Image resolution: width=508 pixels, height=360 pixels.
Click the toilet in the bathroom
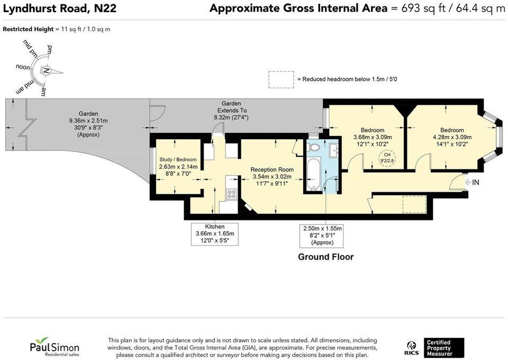tap(314, 147)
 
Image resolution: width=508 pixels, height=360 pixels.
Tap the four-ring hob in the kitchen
tap(232, 194)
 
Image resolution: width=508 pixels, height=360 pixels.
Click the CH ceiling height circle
tap(387, 158)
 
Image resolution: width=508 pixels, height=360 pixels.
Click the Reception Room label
tap(272, 169)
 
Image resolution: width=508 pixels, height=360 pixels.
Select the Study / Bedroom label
tap(178, 159)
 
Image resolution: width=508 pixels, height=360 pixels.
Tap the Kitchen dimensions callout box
tap(215, 234)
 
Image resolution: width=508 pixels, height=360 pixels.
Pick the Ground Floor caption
tap(325, 257)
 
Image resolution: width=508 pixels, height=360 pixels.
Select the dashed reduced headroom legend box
tap(281, 79)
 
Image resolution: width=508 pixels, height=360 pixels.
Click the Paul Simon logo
tap(55, 346)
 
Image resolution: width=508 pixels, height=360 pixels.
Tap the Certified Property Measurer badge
tap(444, 348)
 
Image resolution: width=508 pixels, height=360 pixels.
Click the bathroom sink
tap(333, 150)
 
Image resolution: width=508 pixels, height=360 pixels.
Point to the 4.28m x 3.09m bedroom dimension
tap(452, 137)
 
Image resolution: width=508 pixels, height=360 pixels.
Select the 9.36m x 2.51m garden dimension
tap(88, 121)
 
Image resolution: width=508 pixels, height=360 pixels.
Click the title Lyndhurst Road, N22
tap(60, 8)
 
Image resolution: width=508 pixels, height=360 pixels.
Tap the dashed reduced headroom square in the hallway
tap(414, 204)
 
